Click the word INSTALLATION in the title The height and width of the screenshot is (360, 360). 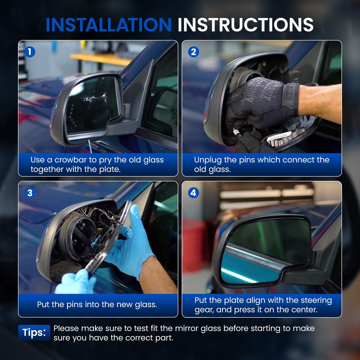click(x=109, y=25)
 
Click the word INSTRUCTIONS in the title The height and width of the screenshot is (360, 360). click(x=245, y=25)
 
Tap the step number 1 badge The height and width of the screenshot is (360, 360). click(x=30, y=52)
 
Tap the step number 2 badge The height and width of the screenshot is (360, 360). click(x=193, y=52)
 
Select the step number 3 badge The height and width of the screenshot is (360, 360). click(x=30, y=193)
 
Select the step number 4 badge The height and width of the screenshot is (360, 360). click(x=193, y=193)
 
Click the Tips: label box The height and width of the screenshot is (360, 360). click(x=34, y=332)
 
